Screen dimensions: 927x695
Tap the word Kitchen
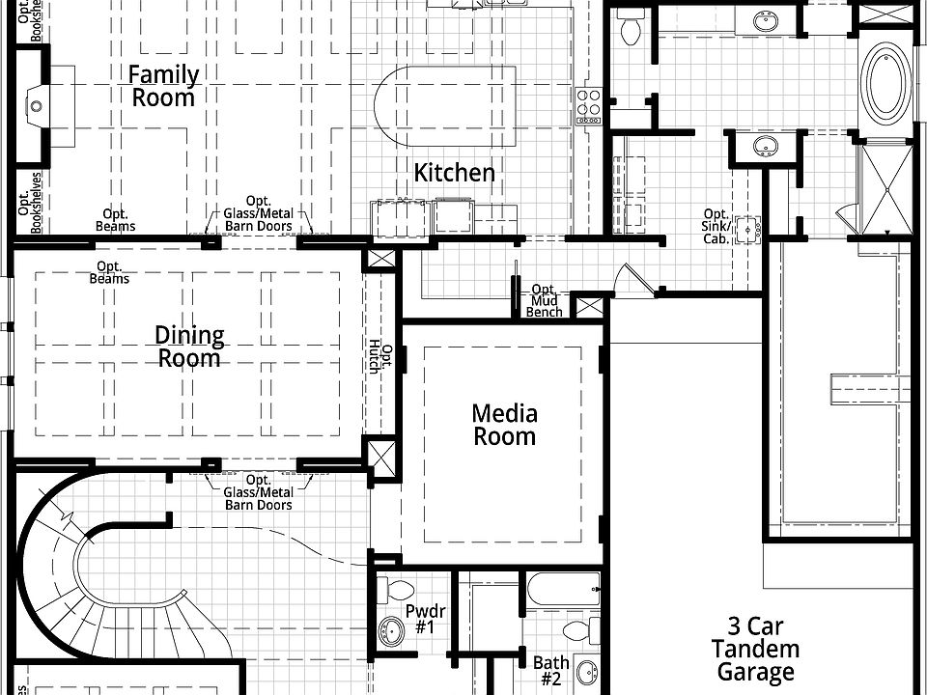pos(454,173)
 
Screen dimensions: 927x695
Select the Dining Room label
pos(189,347)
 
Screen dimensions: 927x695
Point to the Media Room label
pos(505,425)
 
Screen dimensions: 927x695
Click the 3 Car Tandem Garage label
pos(755,650)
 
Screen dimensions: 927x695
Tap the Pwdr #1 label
pos(425,619)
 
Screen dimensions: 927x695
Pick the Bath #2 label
pos(551,671)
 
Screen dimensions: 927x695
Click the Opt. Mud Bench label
pos(544,301)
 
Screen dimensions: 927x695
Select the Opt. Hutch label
pos(380,359)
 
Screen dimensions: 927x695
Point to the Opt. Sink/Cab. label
pos(716,226)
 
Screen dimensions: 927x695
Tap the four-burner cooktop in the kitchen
pos(588,106)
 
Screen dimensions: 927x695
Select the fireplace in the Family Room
pos(37,106)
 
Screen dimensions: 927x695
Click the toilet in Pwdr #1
pos(395,589)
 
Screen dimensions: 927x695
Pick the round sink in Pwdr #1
pos(391,631)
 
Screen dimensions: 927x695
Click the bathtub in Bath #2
pos(563,589)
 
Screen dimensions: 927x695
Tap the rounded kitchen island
pos(445,106)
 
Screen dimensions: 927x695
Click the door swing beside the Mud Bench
pos(633,278)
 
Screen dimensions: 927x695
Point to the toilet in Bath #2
pos(581,630)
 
